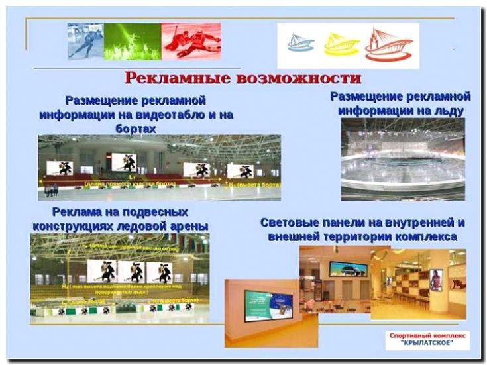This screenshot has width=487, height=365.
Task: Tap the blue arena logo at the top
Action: [x=301, y=44]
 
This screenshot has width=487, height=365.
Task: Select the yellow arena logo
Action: [x=341, y=44]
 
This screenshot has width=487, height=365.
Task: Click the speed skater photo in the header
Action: [x=85, y=41]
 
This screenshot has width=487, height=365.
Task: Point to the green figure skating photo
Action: [x=133, y=41]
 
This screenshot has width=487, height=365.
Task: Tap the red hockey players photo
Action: [x=191, y=41]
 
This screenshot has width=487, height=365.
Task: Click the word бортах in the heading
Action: [x=136, y=129]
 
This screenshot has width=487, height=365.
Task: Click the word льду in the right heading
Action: [x=448, y=111]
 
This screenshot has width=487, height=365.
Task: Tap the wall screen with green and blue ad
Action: [x=268, y=306]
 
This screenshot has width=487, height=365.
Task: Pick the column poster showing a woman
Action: [x=435, y=280]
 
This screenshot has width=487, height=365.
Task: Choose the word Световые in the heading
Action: [x=290, y=223]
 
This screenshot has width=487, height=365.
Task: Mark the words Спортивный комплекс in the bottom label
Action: [x=427, y=336]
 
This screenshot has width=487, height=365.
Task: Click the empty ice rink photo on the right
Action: [x=403, y=159]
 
